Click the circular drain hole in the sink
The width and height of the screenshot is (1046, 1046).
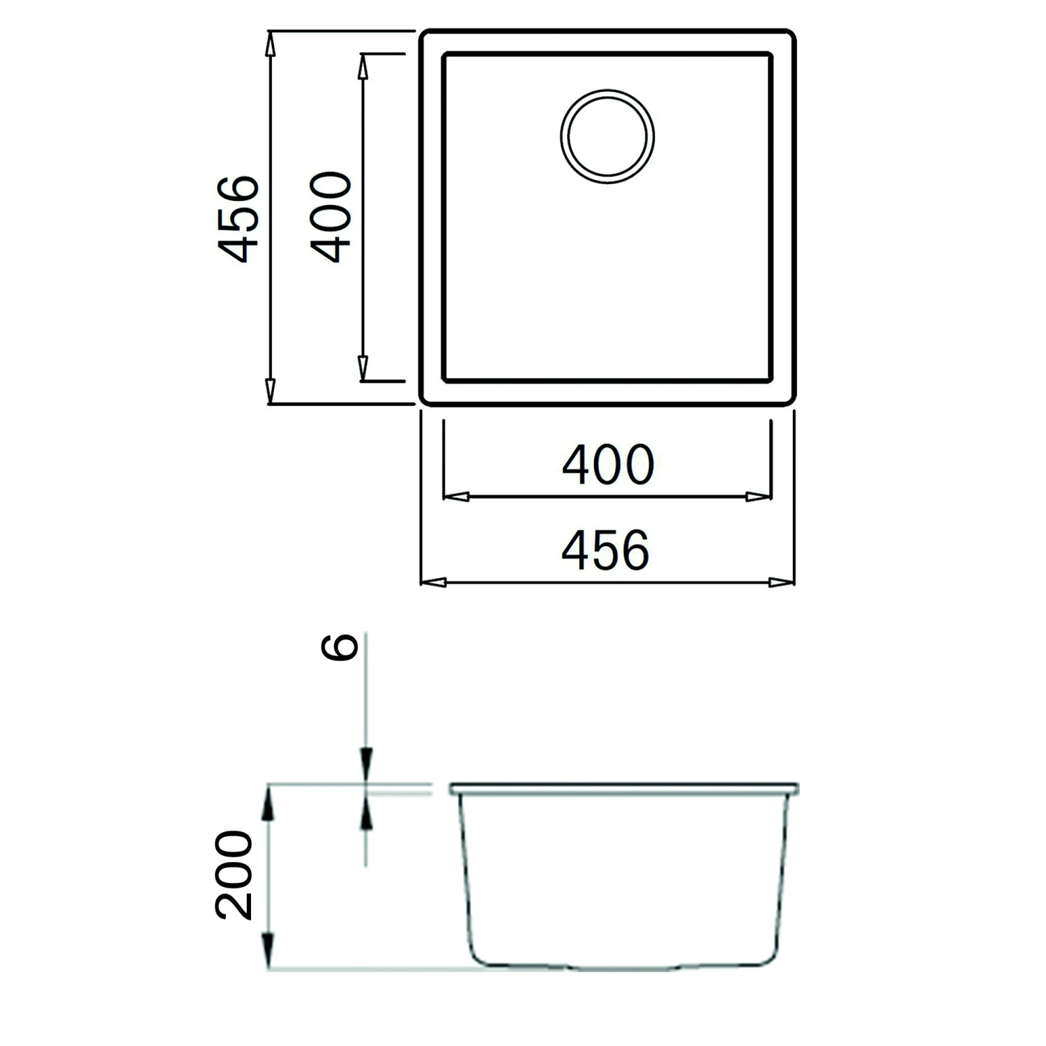click(607, 137)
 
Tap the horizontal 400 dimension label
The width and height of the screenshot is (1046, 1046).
click(607, 465)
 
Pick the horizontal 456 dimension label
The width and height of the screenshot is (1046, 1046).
click(605, 550)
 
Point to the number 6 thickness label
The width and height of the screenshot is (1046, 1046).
click(340, 647)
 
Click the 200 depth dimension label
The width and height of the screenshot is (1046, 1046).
click(234, 874)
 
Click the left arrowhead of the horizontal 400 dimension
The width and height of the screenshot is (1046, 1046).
click(456, 497)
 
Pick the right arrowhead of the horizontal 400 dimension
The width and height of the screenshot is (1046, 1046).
click(758, 497)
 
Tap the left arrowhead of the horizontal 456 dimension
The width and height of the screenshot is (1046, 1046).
click(434, 582)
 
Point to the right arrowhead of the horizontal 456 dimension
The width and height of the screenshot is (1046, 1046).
click(782, 582)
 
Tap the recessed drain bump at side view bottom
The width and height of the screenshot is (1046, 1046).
click(625, 968)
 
